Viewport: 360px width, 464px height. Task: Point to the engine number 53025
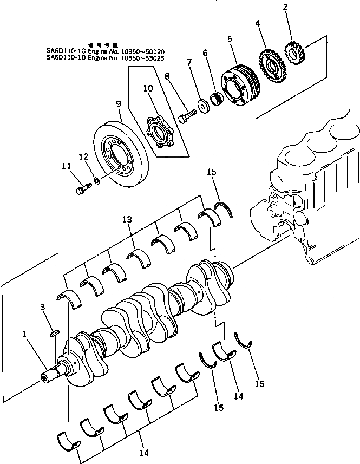154,57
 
